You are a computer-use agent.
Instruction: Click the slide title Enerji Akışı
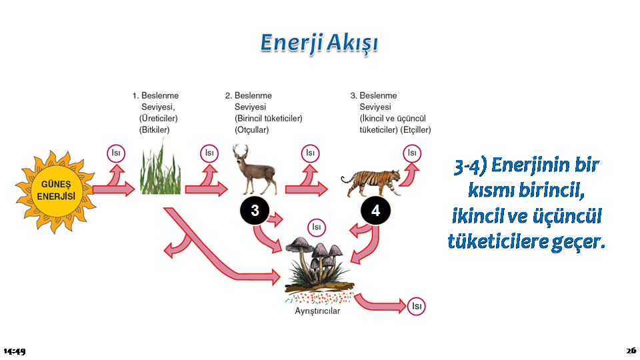click(x=319, y=43)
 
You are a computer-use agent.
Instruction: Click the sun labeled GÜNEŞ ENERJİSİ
click(x=56, y=191)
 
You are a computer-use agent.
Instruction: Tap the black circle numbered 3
click(x=255, y=211)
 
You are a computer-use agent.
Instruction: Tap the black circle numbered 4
click(x=375, y=211)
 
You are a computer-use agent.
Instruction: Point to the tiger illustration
click(x=371, y=182)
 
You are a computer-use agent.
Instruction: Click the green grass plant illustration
click(x=160, y=168)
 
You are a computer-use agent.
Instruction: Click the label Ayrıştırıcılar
click(x=317, y=311)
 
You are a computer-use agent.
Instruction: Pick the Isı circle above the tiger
click(x=412, y=153)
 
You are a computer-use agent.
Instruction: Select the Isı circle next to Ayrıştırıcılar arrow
click(x=416, y=306)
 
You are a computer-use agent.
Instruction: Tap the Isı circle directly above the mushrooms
click(x=316, y=227)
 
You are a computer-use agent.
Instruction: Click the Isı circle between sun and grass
click(x=116, y=153)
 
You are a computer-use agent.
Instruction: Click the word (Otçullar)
click(x=251, y=130)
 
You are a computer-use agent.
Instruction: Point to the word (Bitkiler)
click(x=154, y=130)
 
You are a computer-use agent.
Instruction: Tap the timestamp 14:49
click(x=15, y=351)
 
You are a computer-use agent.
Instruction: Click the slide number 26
click(x=631, y=351)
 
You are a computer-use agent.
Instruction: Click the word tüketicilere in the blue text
click(x=497, y=241)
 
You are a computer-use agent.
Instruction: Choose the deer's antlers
click(x=241, y=151)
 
